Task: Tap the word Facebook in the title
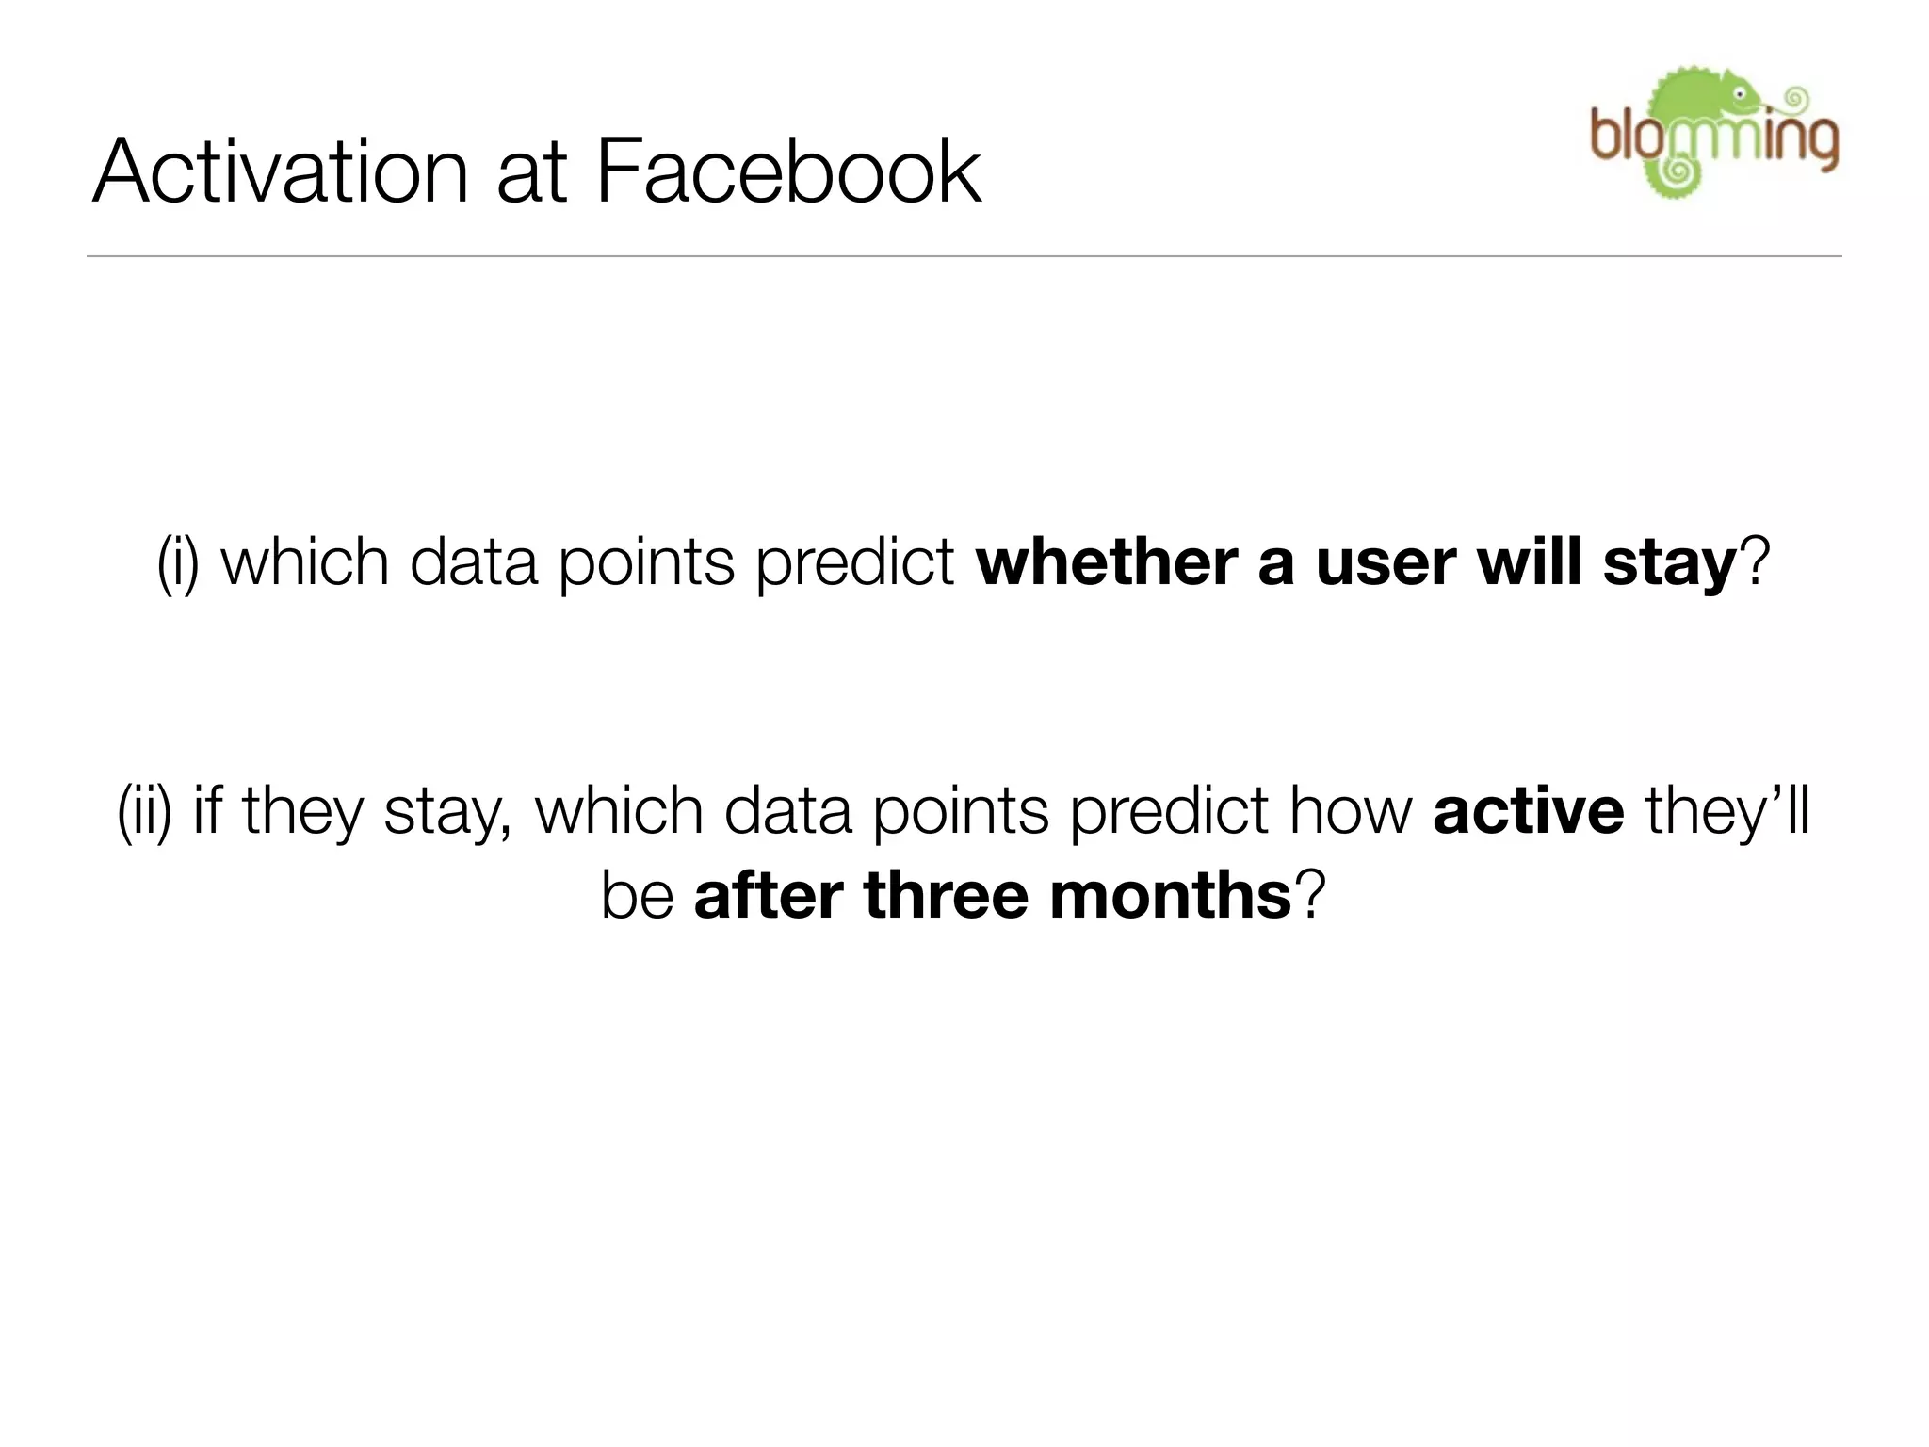[788, 171]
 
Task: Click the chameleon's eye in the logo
[1741, 94]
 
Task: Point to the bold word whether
[1106, 562]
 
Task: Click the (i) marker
[178, 563]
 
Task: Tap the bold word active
[1528, 812]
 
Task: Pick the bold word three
[945, 895]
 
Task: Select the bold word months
[1170, 895]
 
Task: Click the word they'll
[1726, 812]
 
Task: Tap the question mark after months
[1310, 895]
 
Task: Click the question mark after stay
[1755, 562]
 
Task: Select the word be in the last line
[637, 895]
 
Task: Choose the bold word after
[768, 895]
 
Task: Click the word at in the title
[531, 173]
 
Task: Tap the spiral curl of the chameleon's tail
[1678, 171]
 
